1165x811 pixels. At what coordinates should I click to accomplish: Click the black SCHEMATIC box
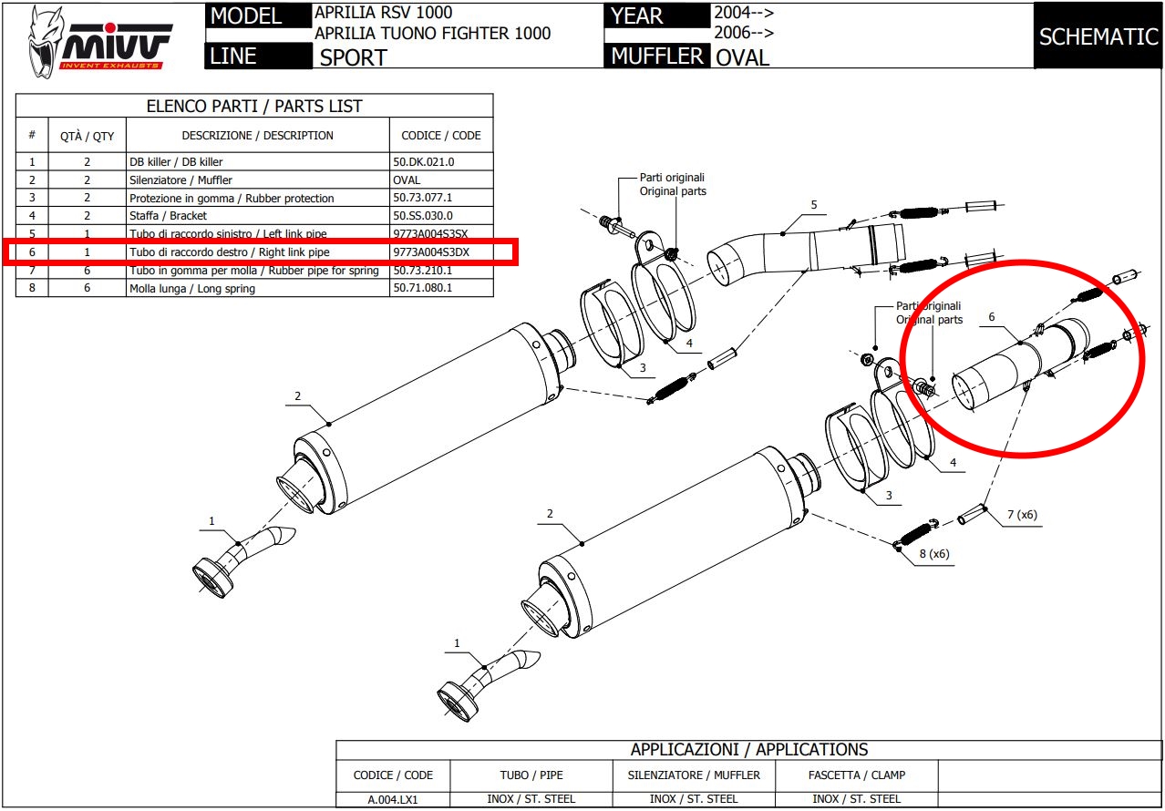point(1098,36)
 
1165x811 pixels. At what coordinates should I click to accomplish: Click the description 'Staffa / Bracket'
point(169,216)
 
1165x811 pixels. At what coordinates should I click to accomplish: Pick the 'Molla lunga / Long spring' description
point(192,288)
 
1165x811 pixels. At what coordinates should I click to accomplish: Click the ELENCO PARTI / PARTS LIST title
point(254,106)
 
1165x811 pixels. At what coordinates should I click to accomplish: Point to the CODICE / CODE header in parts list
point(441,136)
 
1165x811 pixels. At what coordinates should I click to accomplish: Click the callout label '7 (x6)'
point(1022,515)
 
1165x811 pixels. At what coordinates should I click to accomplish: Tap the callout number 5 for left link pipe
point(813,205)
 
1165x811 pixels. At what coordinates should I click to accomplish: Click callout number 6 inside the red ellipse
point(991,318)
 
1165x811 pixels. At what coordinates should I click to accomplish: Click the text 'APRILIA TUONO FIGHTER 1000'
point(432,34)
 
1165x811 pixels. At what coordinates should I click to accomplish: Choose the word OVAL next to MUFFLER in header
point(742,57)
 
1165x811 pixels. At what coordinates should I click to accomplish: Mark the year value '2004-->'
point(744,13)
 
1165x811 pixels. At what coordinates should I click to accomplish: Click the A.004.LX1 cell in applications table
point(393,799)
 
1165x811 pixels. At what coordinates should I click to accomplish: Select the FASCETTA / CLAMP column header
point(856,775)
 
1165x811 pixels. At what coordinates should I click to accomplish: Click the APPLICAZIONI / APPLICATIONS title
point(749,750)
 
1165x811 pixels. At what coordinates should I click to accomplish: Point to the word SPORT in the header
point(353,57)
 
